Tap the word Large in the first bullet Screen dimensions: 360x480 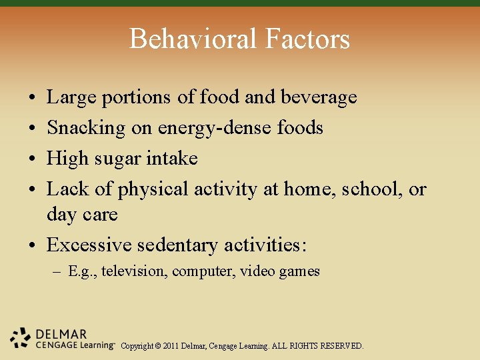coord(71,97)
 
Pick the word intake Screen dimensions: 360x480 coord(175,158)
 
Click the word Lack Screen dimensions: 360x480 coord(67,189)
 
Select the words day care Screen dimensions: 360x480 coord(81,215)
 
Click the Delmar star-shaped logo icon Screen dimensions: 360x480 coord(21,338)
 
